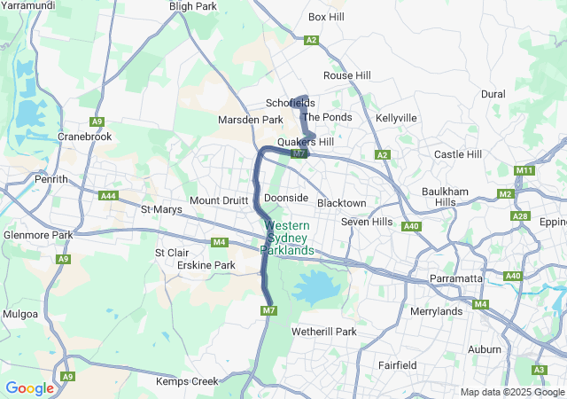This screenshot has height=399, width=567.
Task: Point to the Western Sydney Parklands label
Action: (288, 238)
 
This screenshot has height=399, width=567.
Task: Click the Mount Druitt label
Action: (216, 200)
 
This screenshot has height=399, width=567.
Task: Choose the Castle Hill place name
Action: (457, 154)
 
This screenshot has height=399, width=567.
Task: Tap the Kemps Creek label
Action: (186, 381)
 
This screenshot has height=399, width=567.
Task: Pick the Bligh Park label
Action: (192, 6)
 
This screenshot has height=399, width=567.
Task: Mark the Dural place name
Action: (493, 94)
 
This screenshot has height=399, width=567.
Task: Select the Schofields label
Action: (289, 103)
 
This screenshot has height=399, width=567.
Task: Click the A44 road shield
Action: (109, 195)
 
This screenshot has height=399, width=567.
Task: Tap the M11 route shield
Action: (524, 170)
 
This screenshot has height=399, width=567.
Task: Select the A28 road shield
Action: (520, 216)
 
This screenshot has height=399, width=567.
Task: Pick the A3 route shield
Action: (539, 370)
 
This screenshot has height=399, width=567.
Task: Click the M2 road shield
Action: (506, 193)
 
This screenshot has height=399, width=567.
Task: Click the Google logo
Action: (29, 387)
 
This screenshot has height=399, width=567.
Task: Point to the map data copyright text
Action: (511, 392)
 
